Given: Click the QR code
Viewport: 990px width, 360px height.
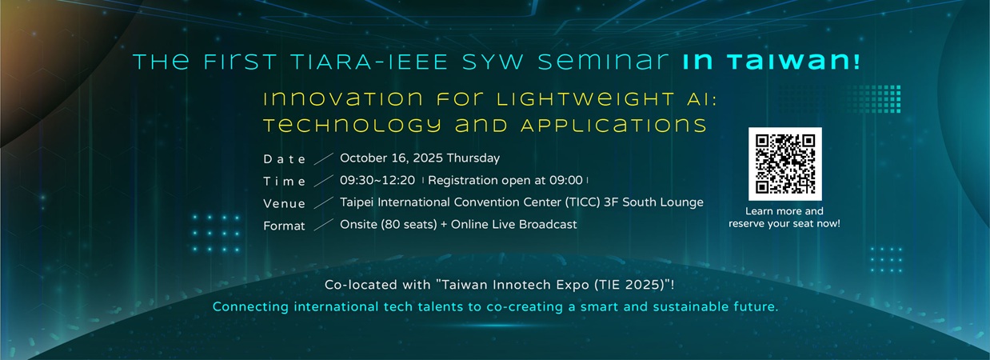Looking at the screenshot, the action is (x=785, y=164).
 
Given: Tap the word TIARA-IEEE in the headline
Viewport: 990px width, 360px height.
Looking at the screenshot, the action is (x=369, y=62).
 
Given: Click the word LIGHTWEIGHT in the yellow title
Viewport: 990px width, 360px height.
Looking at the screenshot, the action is (x=586, y=99).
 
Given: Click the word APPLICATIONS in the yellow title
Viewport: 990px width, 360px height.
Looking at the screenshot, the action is (x=614, y=125).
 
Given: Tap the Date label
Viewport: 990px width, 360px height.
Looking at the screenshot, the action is (x=284, y=159).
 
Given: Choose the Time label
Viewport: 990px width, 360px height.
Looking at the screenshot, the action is (x=284, y=182).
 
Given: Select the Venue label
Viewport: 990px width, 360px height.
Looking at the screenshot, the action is (x=284, y=203).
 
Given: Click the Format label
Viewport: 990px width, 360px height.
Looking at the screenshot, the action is (x=284, y=226).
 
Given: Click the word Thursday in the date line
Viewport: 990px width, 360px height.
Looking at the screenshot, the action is (x=473, y=158).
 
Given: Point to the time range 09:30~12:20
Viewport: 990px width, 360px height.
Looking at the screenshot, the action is (x=377, y=181).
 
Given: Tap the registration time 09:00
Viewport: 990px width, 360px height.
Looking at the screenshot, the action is (x=566, y=181).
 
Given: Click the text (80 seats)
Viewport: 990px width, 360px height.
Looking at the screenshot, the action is (x=409, y=225).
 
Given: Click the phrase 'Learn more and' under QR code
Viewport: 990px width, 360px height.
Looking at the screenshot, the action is (x=784, y=211).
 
